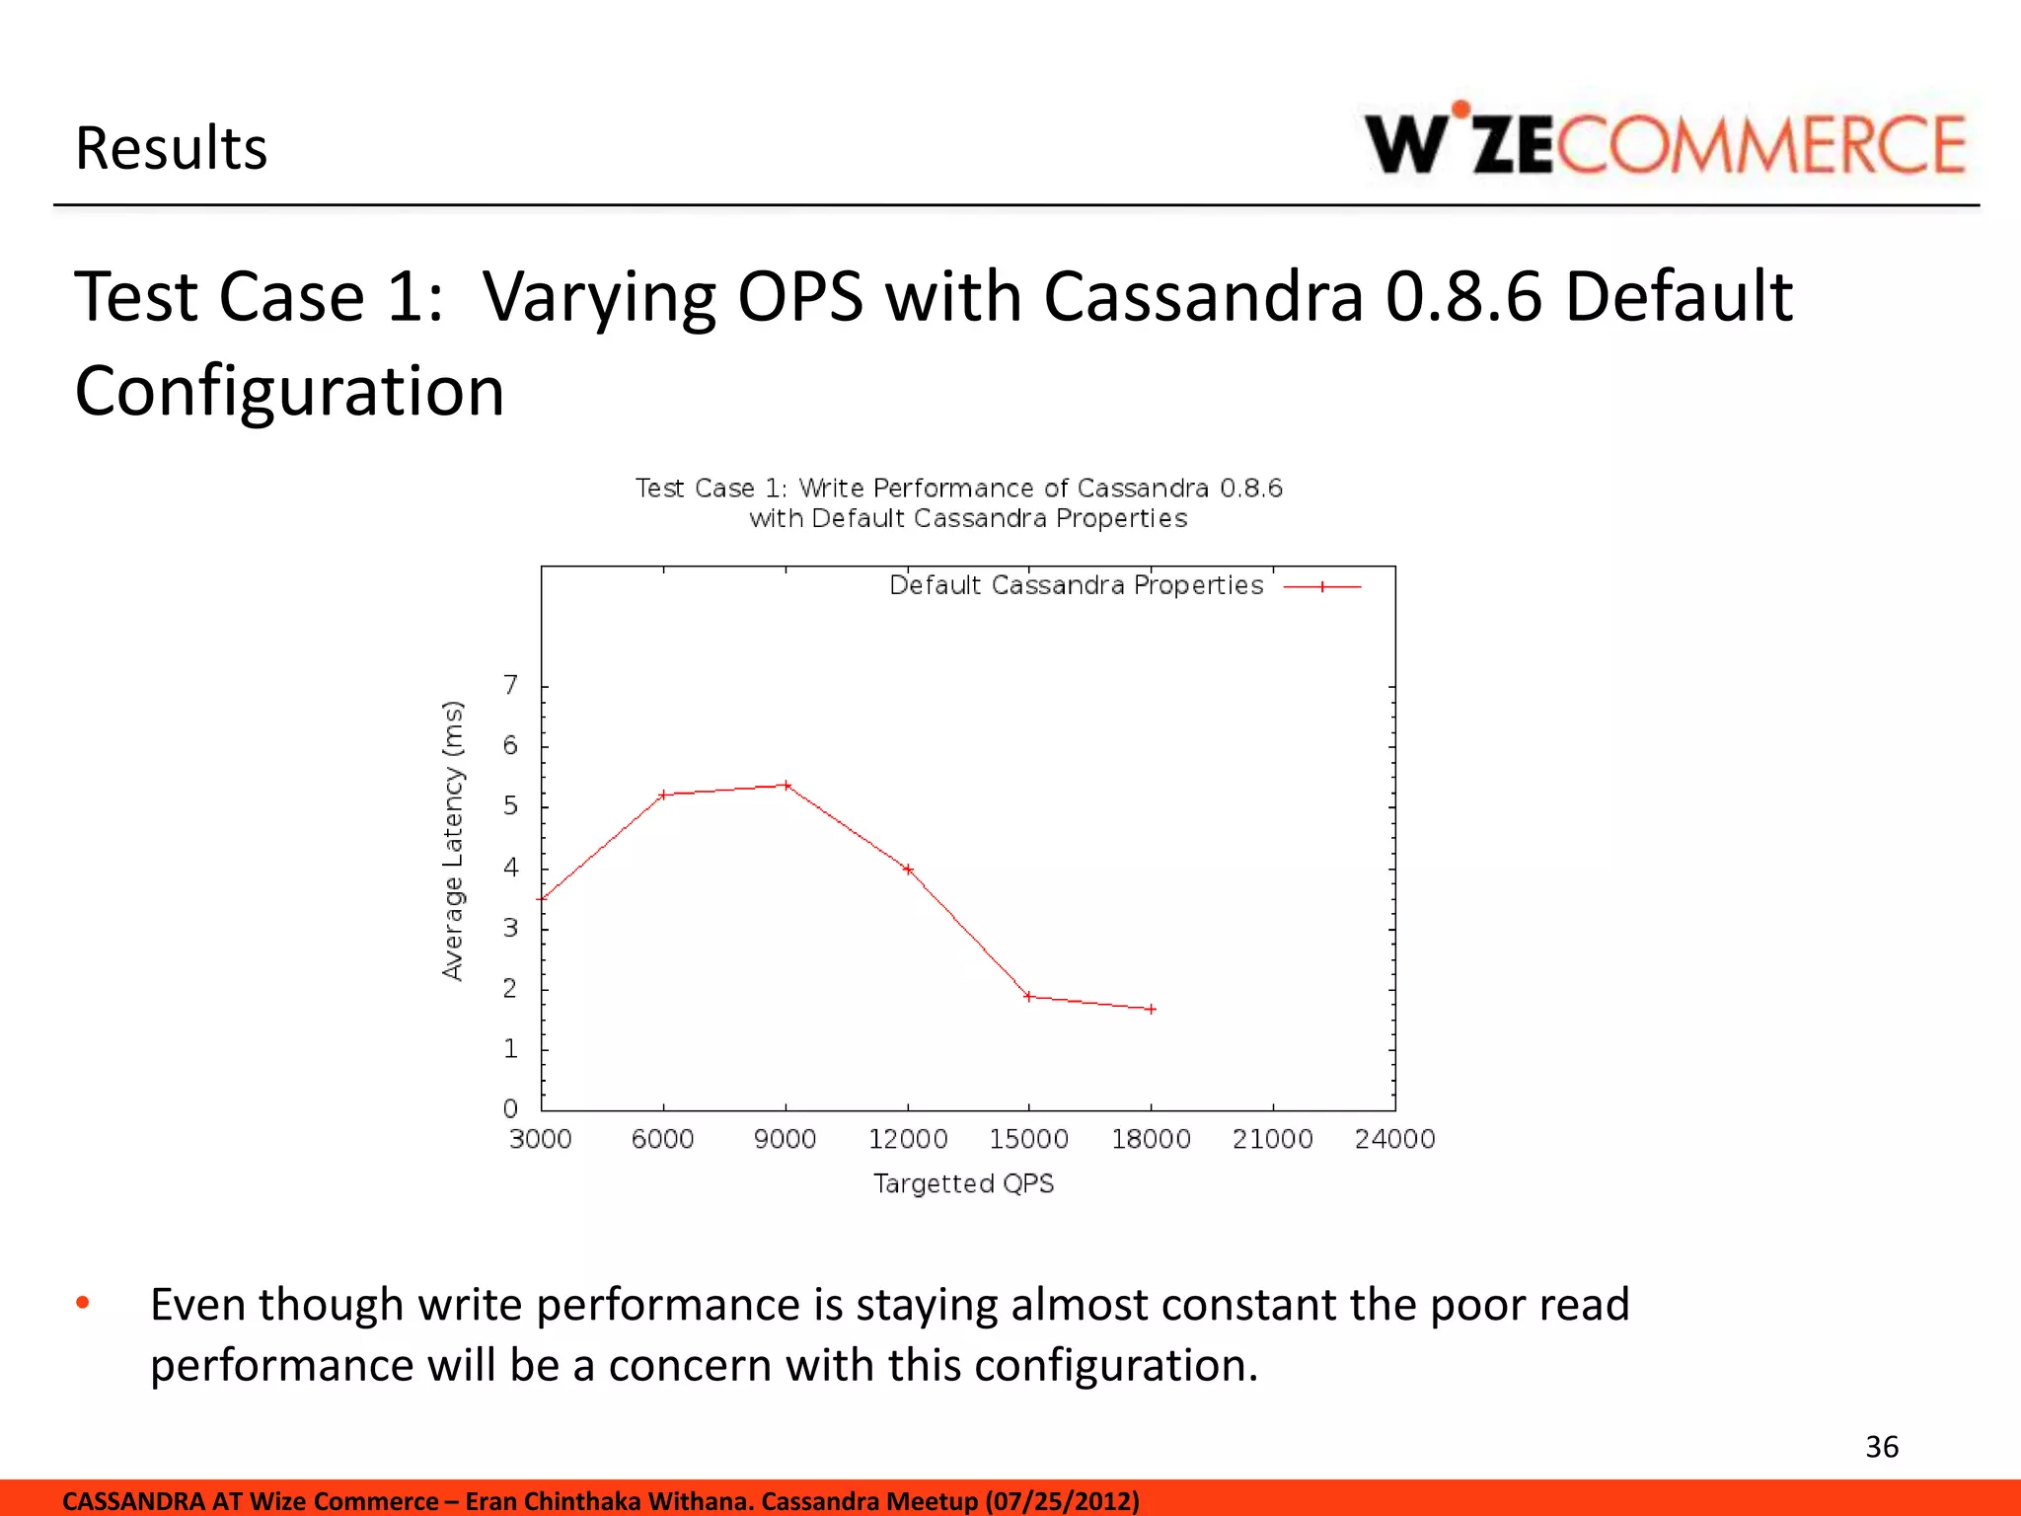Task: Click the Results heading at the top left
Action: [x=171, y=149]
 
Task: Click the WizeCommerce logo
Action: [x=1664, y=144]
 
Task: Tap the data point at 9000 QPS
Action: [x=786, y=786]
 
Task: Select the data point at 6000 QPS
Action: [x=664, y=795]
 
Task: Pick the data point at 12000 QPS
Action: [x=908, y=870]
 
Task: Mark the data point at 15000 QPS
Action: [x=1028, y=997]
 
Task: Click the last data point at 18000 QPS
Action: [x=1151, y=1009]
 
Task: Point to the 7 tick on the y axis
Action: [x=510, y=685]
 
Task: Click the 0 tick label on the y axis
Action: [x=510, y=1109]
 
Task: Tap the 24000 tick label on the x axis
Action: [x=1393, y=1140]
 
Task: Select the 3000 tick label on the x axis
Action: [x=540, y=1140]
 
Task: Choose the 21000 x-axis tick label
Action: [x=1272, y=1140]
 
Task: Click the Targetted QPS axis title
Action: [x=963, y=1183]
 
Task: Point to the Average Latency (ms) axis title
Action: [x=452, y=840]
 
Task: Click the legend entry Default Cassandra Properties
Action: [x=1076, y=586]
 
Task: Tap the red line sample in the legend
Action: [x=1322, y=587]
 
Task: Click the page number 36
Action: [x=1882, y=1447]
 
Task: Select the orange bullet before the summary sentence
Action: [x=83, y=1304]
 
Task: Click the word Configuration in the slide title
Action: [x=289, y=391]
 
